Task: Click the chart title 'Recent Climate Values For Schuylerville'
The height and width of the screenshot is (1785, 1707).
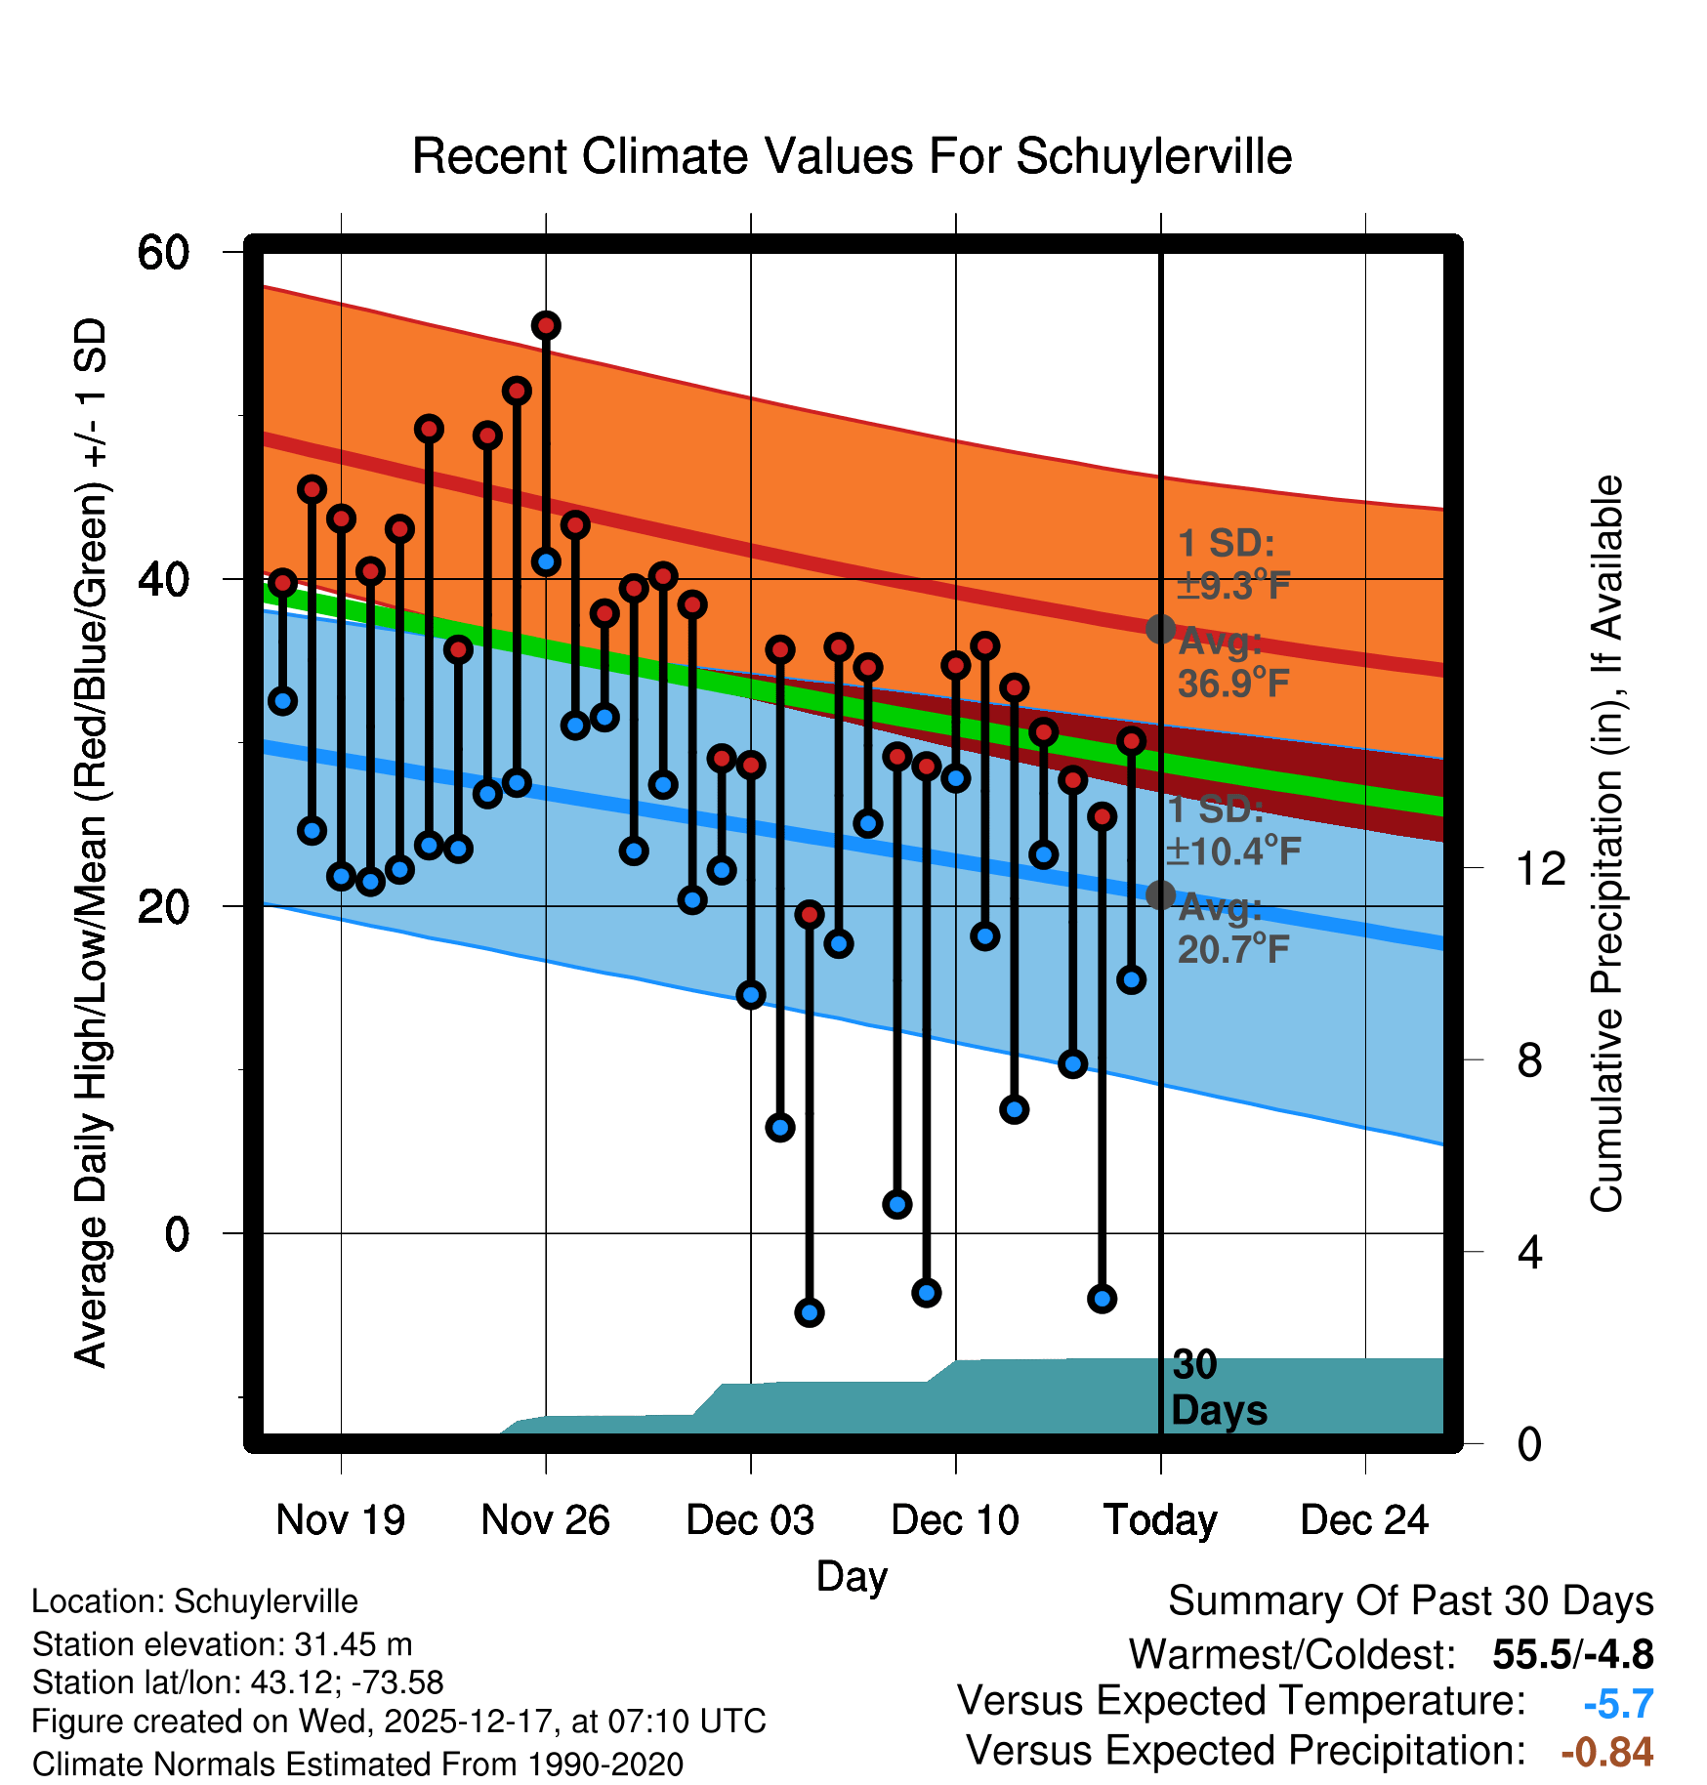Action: (x=852, y=156)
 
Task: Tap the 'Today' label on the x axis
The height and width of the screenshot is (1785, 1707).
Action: (x=1160, y=1519)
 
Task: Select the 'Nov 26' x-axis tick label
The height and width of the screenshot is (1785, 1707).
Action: (x=545, y=1519)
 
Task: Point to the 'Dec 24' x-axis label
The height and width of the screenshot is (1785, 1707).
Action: (x=1364, y=1519)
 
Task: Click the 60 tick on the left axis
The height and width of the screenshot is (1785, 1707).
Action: (x=163, y=253)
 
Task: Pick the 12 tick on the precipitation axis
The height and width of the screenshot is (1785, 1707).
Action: (x=1540, y=868)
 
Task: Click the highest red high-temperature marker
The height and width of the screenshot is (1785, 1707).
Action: (x=546, y=325)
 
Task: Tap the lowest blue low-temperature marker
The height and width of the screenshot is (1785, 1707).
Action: (x=809, y=1312)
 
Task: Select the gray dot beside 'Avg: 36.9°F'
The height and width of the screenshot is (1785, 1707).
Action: (x=1160, y=629)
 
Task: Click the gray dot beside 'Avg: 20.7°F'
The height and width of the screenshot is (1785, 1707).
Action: (x=1160, y=894)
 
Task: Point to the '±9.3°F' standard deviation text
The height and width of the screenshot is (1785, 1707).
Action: (x=1232, y=586)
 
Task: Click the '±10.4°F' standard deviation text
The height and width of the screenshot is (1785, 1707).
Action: (x=1232, y=851)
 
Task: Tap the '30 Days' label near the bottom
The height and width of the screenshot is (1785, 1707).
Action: (x=1218, y=1388)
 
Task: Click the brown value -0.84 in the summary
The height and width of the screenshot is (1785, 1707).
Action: (x=1606, y=1752)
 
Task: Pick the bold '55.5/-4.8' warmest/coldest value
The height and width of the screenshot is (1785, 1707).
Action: (x=1572, y=1654)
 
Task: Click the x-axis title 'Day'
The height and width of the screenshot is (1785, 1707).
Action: (x=852, y=1576)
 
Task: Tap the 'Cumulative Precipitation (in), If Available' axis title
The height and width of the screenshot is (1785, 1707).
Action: (x=1606, y=844)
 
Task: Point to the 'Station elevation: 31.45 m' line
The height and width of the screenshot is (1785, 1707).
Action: (x=222, y=1644)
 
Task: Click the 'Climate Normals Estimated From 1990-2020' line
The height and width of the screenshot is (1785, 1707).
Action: (x=357, y=1764)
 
